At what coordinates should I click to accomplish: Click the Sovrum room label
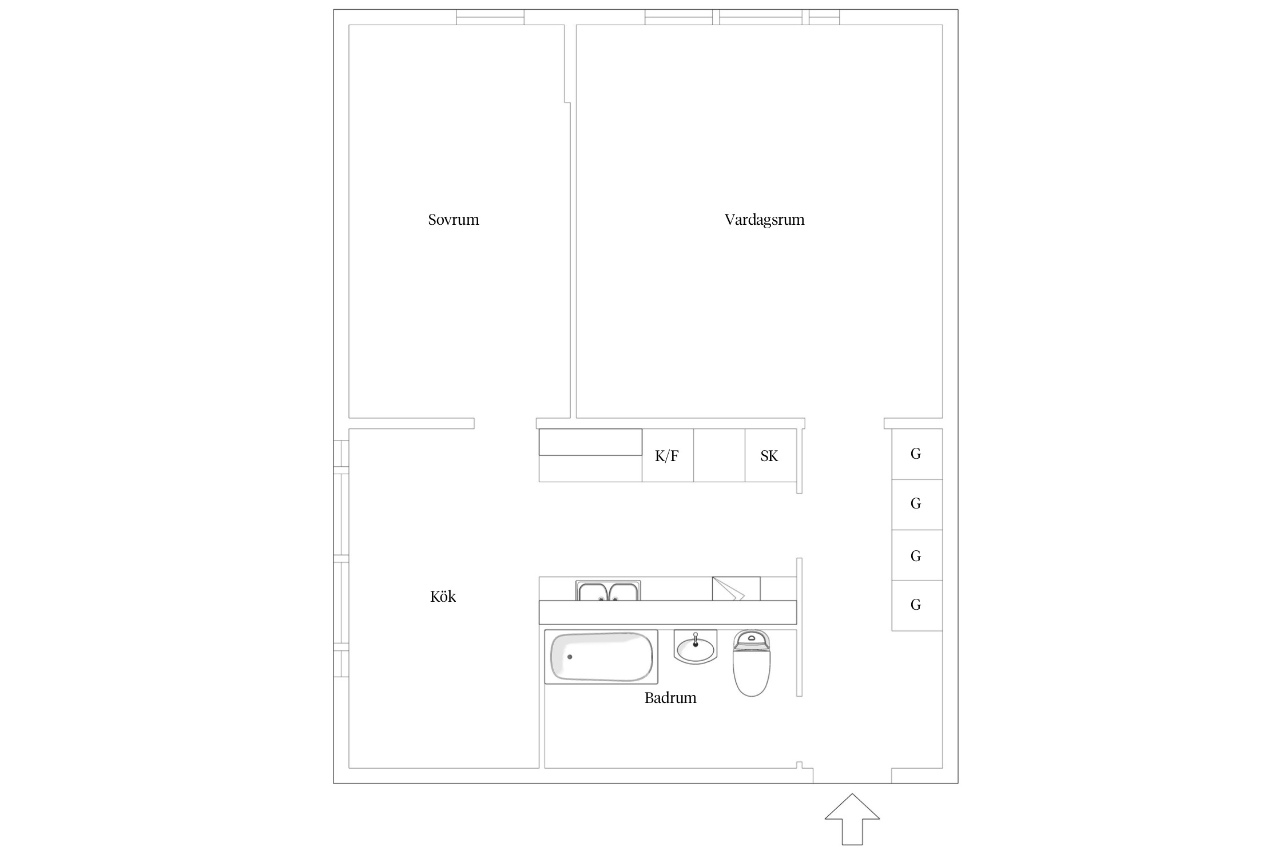coord(454,220)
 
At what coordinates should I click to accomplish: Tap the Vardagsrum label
coord(764,220)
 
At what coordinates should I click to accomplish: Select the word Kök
coord(443,597)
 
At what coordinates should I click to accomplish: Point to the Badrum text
coord(670,698)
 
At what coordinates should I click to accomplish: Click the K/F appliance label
coord(667,456)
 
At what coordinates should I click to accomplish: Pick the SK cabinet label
coord(769,456)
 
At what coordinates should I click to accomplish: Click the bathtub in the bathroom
coord(601,657)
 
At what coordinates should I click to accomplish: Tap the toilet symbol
coord(752,663)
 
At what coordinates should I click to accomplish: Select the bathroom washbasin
coord(696,647)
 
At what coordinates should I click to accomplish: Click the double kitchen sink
coord(608,590)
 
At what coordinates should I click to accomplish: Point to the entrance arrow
coord(852,819)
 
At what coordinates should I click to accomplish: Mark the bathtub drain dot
coord(570,657)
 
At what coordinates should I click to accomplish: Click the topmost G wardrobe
coord(917,454)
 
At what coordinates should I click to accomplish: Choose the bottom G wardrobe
coord(917,606)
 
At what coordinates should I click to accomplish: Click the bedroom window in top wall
coord(490,17)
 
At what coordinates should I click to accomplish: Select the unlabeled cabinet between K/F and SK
coord(719,455)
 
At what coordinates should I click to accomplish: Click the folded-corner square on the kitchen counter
coord(736,589)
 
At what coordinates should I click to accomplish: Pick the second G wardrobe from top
coord(917,505)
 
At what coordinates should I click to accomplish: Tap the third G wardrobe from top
coord(917,555)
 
